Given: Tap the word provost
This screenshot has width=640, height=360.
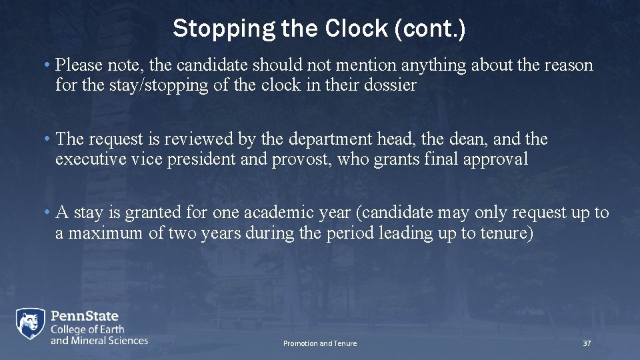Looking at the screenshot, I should tap(303, 159).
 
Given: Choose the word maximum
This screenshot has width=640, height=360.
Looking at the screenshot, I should tap(106, 233).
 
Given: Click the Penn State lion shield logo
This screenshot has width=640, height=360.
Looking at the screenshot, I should tap(31, 325).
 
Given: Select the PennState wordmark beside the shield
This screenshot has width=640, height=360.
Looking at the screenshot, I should tap(85, 316).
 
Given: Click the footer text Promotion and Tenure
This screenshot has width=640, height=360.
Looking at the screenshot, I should tap(320, 343).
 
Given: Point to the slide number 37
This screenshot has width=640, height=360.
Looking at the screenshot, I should tap(587, 343).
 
